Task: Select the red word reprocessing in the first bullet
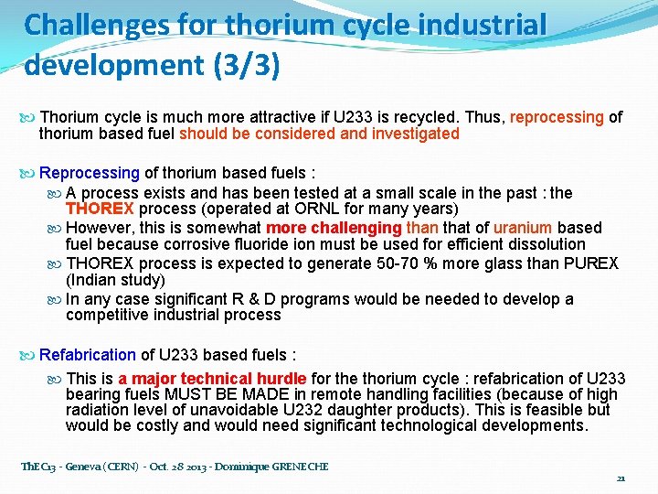[557, 117]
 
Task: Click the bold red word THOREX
[100, 209]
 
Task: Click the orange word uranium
[523, 228]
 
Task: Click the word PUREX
[591, 263]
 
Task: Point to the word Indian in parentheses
[96, 280]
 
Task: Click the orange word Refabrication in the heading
[88, 354]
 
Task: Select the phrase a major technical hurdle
[212, 378]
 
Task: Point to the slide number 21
[621, 478]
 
